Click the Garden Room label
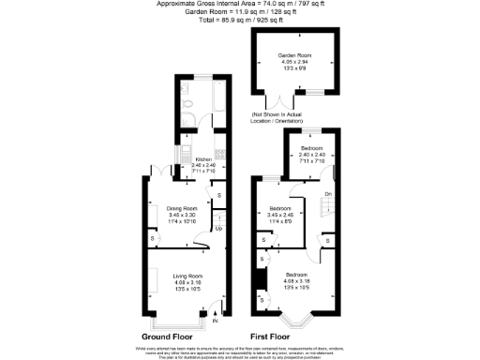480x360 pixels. (x=292, y=56)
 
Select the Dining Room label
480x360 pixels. (x=182, y=208)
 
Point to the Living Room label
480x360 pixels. (x=188, y=276)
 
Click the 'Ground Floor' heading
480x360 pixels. (x=168, y=336)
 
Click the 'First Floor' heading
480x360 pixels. (x=271, y=336)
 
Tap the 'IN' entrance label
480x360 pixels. (x=215, y=322)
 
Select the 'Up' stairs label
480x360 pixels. (x=218, y=228)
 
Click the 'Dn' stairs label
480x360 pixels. (x=327, y=193)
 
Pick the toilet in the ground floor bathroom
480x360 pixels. (x=187, y=104)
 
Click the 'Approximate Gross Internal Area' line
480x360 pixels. (x=239, y=5)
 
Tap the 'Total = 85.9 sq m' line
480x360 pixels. (x=239, y=20)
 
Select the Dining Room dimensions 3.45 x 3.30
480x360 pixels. (x=182, y=215)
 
